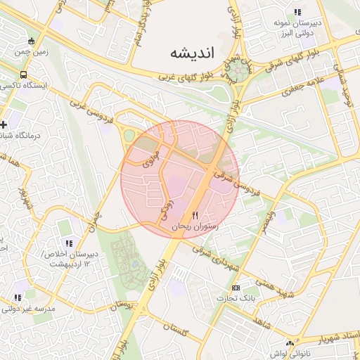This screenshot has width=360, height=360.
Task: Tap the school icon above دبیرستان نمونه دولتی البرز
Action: (x=297, y=12)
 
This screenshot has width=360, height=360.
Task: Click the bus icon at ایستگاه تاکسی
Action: (x=25, y=74)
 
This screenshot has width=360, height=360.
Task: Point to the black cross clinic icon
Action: (x=4, y=124)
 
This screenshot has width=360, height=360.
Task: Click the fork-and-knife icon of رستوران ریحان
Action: (x=195, y=214)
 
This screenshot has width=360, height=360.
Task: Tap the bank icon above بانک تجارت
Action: (x=236, y=288)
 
